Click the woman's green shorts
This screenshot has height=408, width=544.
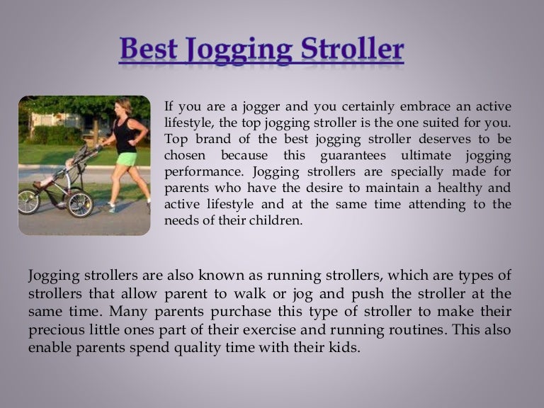pos(127,159)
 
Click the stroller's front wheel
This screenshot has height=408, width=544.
pos(29,201)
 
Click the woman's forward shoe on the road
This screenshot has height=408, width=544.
pos(109,208)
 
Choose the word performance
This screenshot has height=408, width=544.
pos(199,171)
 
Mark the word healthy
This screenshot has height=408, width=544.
pos(458,188)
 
